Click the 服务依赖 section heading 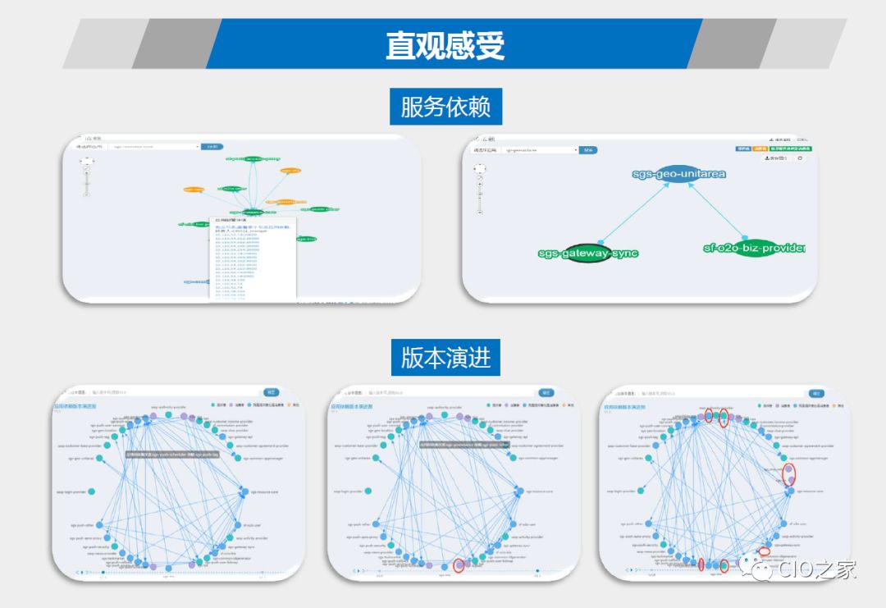tap(445, 107)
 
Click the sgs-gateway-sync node tap(587, 253)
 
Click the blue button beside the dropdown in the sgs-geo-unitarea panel tap(588, 150)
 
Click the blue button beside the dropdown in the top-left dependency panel tap(212, 147)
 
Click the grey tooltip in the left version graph tap(171, 453)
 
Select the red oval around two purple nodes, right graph tap(788, 474)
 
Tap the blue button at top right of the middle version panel tap(546, 392)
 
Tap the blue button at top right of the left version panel tap(272, 392)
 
